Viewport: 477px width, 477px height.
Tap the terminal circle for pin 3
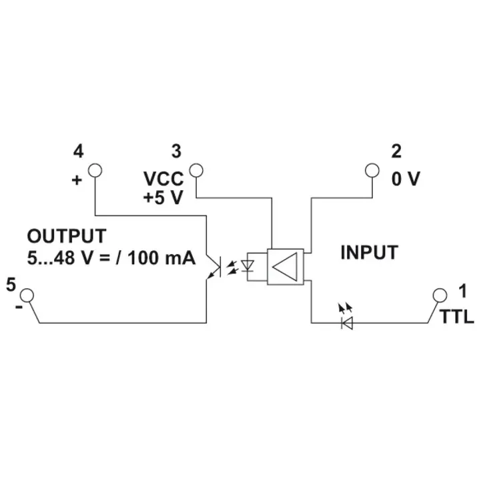tap(195, 170)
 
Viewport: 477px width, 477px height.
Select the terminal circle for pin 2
tap(372, 170)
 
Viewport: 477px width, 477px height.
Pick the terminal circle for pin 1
tap(439, 294)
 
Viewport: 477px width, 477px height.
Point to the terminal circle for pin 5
tap(26, 294)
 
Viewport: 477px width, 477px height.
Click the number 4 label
tap(79, 151)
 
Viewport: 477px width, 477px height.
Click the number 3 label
tap(176, 151)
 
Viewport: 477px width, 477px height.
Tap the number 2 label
tap(396, 151)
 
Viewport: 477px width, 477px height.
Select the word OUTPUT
tap(66, 236)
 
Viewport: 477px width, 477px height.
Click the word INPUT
tap(369, 253)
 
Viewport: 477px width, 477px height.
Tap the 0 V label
tap(405, 179)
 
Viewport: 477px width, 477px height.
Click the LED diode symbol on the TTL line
tap(346, 322)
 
